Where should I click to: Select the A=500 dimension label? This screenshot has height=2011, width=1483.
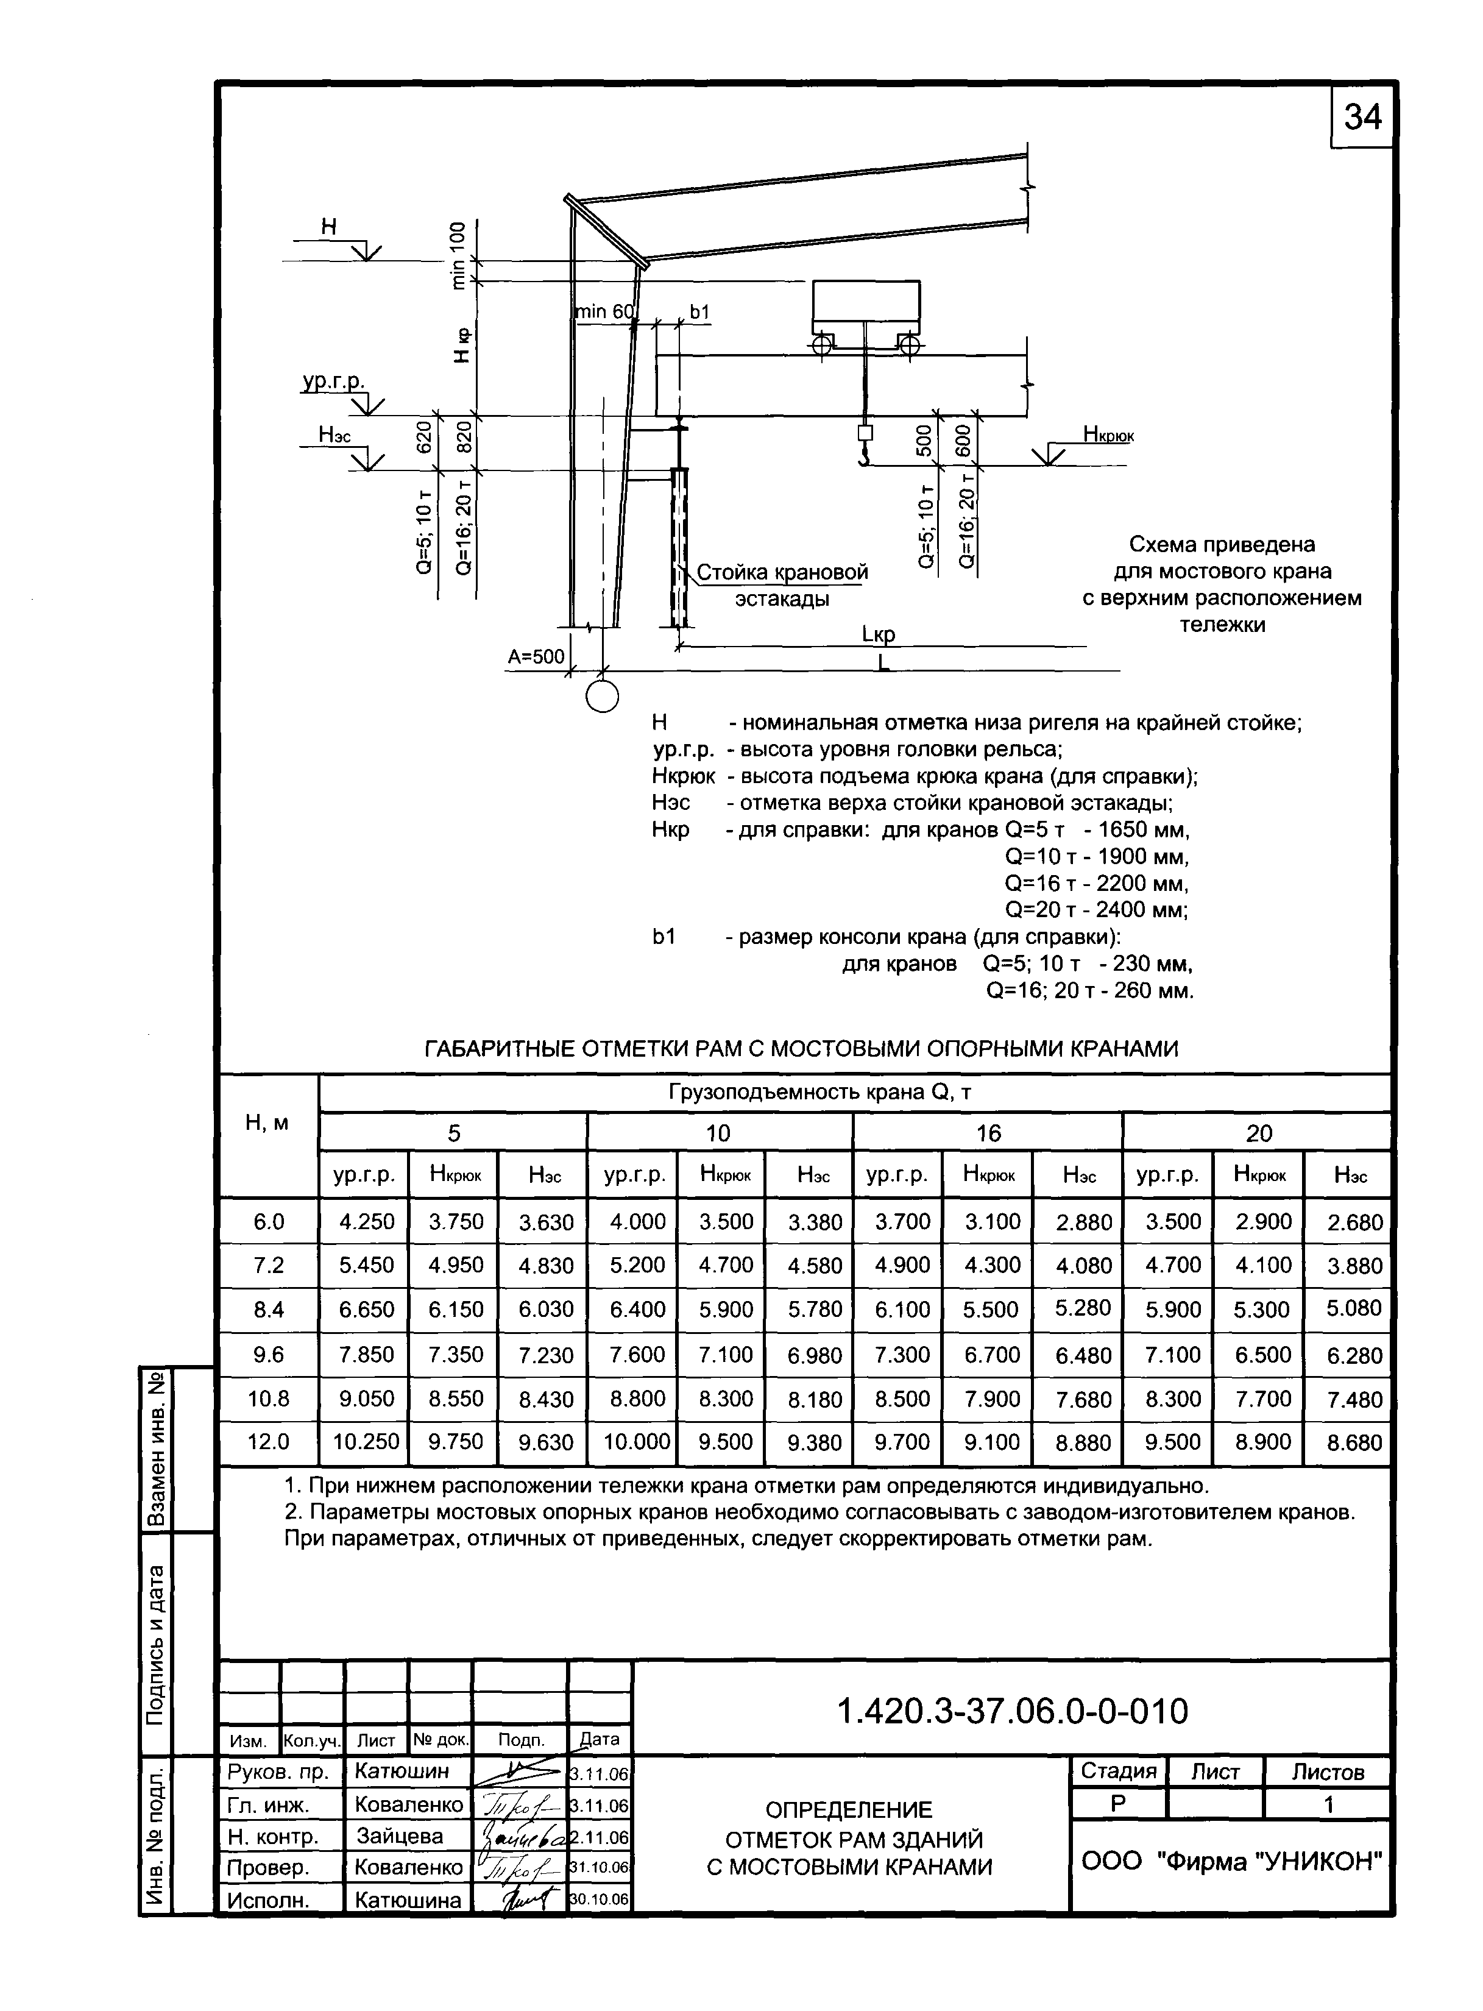536,656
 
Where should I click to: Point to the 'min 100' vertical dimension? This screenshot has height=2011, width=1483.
459,256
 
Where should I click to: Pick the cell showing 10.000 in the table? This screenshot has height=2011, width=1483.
637,1441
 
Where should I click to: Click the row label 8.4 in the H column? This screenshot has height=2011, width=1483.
269,1310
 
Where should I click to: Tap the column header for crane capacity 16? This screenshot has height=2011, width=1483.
988,1133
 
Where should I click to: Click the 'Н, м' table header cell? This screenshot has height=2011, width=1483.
267,1123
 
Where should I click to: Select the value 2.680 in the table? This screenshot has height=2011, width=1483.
1354,1222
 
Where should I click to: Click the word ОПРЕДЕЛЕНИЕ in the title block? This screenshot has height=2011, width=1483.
848,1809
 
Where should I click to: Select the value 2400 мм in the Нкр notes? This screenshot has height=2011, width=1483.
1142,909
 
